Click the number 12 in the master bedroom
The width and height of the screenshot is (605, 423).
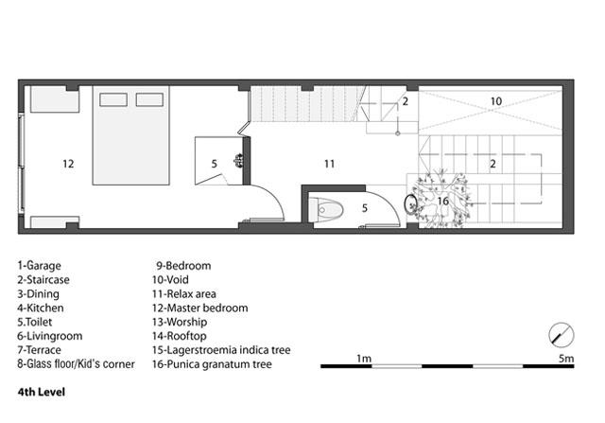click(x=68, y=164)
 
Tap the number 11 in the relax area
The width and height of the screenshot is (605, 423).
click(x=329, y=164)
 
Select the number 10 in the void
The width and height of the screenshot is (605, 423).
click(x=495, y=101)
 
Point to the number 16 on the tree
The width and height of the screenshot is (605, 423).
click(x=443, y=201)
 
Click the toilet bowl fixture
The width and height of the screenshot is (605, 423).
click(x=326, y=210)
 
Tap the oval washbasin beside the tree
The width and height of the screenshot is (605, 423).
click(x=410, y=203)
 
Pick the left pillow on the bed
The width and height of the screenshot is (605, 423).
click(x=113, y=99)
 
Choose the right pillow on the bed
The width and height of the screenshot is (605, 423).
click(x=149, y=99)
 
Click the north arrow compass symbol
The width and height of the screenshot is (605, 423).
click(x=562, y=335)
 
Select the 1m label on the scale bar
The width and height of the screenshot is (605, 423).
click(x=364, y=359)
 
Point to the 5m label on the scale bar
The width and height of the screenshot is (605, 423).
click(x=566, y=359)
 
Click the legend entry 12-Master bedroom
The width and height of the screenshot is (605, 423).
click(x=199, y=308)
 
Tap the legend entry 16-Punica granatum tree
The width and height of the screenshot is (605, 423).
click(x=212, y=364)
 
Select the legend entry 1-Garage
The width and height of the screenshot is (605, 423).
click(x=39, y=266)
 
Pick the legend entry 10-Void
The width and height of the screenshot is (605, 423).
click(x=170, y=280)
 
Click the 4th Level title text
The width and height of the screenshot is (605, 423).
click(x=42, y=392)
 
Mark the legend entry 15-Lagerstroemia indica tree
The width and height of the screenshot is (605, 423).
click(x=221, y=350)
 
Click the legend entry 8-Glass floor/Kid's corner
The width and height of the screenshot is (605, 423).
click(x=76, y=364)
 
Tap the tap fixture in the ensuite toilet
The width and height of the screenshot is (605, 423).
click(x=239, y=160)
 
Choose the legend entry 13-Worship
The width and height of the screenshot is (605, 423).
click(x=180, y=322)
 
